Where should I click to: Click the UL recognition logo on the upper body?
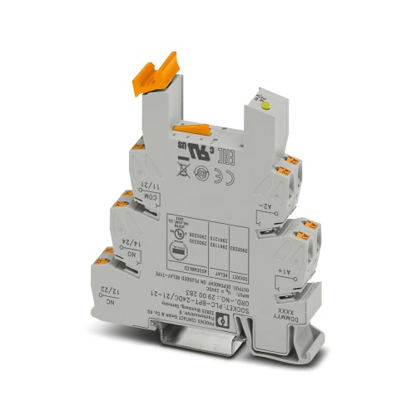(x=197, y=152)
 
